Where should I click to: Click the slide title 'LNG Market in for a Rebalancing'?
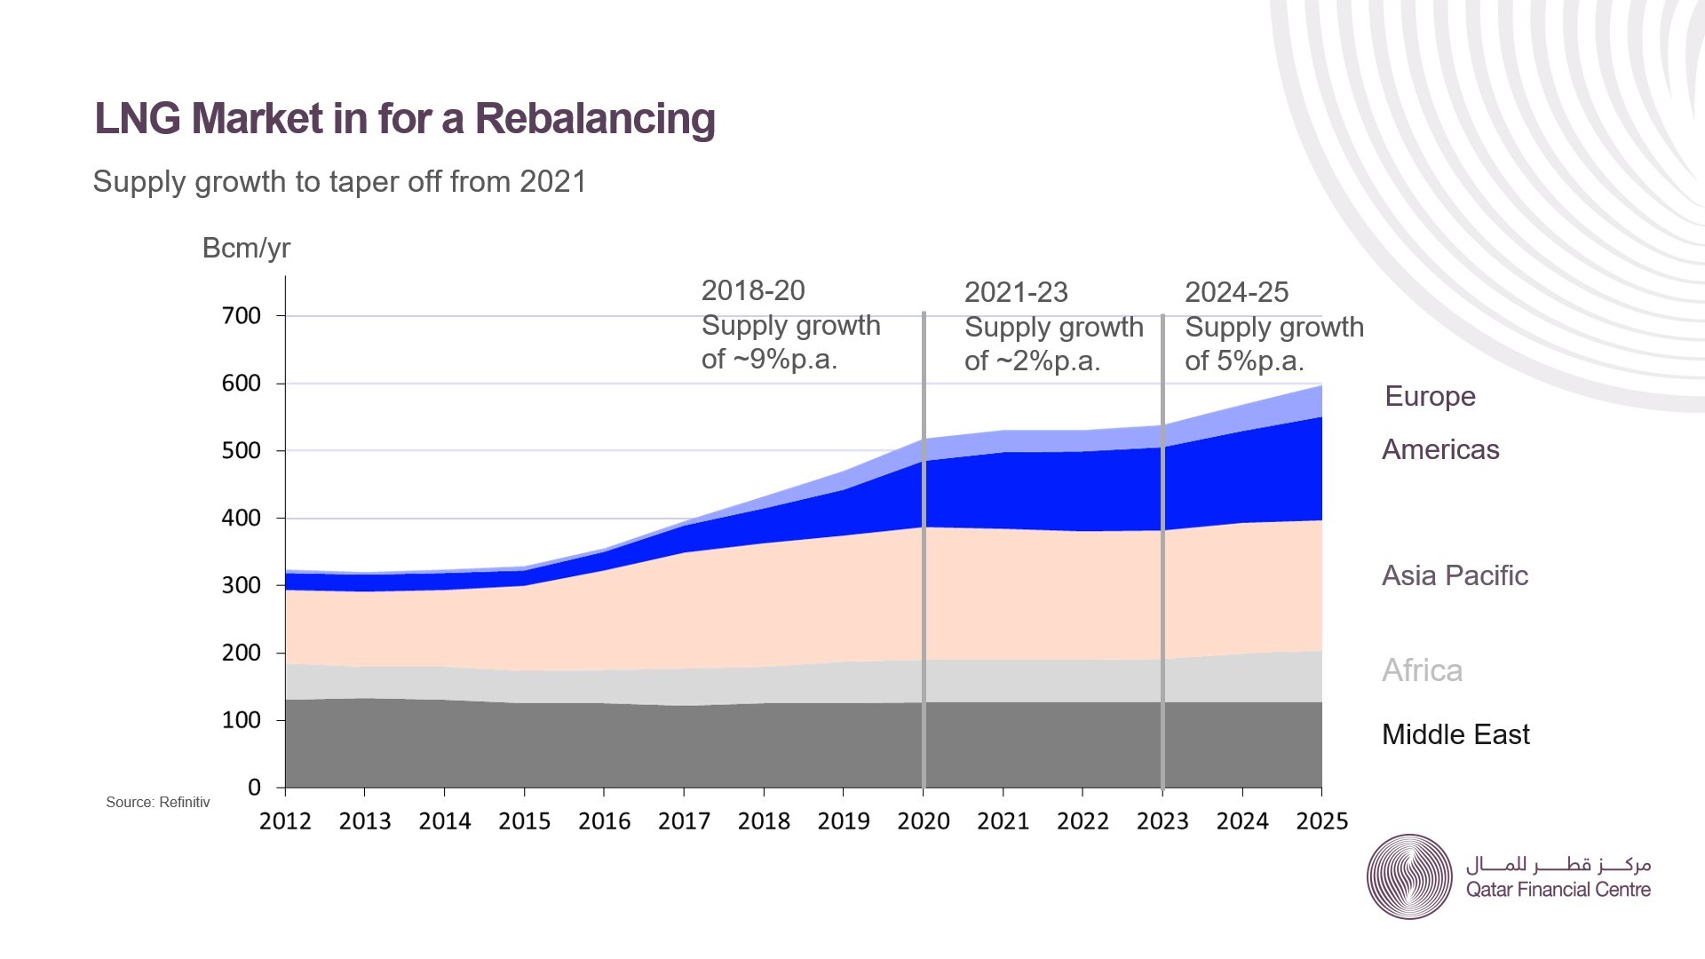point(404,119)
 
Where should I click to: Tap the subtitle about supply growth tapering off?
point(339,182)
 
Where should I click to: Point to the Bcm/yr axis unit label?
point(246,249)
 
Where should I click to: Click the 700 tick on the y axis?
point(242,316)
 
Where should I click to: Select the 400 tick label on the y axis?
point(242,518)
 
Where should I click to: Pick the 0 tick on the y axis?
point(254,788)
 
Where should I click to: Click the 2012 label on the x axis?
point(285,821)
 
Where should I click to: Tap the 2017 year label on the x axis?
point(684,821)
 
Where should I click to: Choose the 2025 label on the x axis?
point(1321,821)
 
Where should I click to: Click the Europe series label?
point(1430,396)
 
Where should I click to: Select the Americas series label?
point(1440,450)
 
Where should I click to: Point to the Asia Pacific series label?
point(1455,576)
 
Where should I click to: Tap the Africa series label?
point(1422,670)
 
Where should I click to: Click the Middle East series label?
point(1455,735)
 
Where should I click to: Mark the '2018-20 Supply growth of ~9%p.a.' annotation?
point(790,325)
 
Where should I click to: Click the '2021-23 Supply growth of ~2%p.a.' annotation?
point(1053,327)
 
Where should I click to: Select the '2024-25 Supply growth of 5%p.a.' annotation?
point(1273,327)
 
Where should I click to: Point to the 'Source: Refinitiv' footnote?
point(158,803)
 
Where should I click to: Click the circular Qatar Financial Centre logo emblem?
point(1409,876)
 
